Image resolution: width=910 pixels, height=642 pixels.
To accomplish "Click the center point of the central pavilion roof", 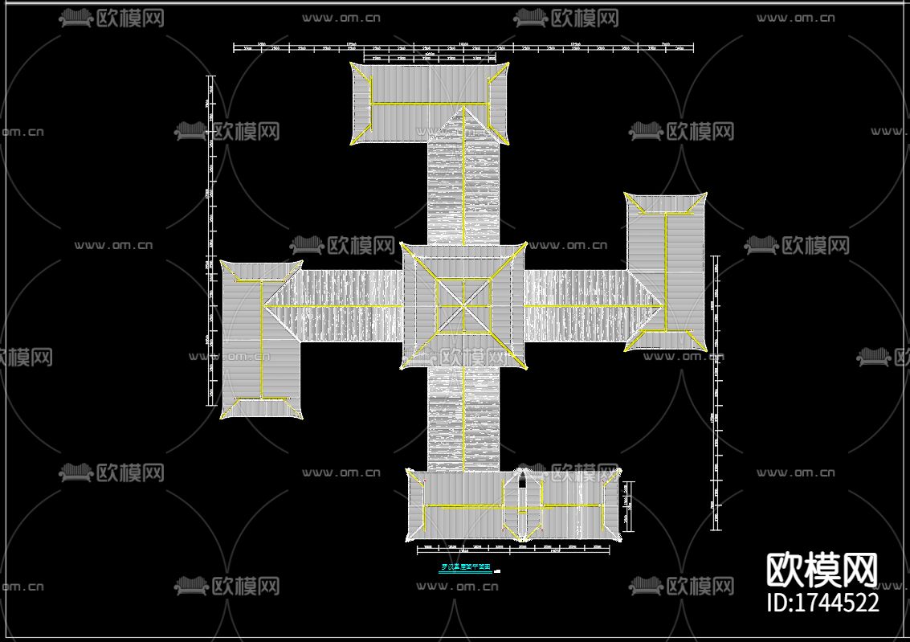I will [463, 305].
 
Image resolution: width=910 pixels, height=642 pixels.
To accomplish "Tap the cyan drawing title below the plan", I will [466, 567].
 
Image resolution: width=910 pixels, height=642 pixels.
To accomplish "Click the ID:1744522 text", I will [822, 602].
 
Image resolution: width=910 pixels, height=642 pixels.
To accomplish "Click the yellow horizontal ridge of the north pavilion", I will [429, 104].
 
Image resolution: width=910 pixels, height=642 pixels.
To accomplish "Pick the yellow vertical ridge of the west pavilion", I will [261, 338].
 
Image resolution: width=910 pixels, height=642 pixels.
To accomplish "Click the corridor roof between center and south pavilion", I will [463, 418].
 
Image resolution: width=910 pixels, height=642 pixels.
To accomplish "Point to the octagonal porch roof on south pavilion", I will [521, 505].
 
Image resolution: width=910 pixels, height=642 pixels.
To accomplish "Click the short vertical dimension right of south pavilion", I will [629, 505].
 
